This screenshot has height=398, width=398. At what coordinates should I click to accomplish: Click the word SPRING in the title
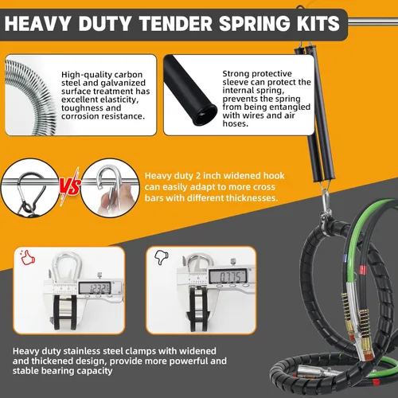255,24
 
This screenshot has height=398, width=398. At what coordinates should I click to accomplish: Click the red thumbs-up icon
28,257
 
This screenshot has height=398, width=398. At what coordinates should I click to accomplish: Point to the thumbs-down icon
161,257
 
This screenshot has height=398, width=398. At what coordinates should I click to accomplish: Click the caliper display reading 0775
228,277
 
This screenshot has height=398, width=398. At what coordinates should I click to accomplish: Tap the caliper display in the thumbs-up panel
95,288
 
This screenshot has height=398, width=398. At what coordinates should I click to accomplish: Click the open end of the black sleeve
205,115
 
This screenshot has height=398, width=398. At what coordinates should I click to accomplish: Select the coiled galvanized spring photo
30,96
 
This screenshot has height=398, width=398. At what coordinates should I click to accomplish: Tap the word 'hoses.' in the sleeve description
236,123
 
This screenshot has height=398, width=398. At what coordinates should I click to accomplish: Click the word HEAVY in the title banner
37,24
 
